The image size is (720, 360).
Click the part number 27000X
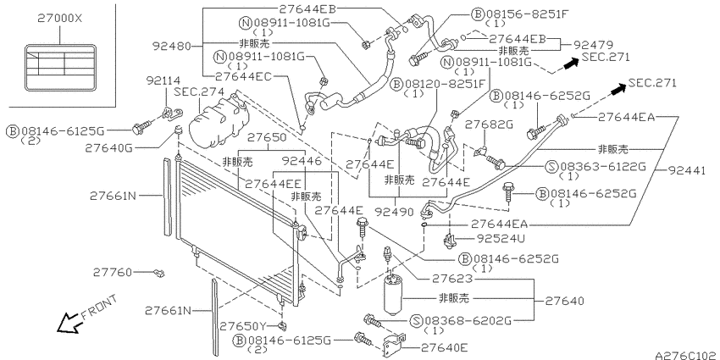point(60,19)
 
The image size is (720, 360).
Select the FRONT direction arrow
point(69,323)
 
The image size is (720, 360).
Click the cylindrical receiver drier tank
point(393,294)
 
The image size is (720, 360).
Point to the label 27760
point(113,272)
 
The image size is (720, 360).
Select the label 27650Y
point(243,326)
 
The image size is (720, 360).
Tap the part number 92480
point(171,46)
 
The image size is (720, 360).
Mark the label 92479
point(593,45)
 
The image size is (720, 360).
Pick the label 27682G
point(489,125)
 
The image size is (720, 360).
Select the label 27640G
point(108,148)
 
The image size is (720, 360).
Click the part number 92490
point(394,212)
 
